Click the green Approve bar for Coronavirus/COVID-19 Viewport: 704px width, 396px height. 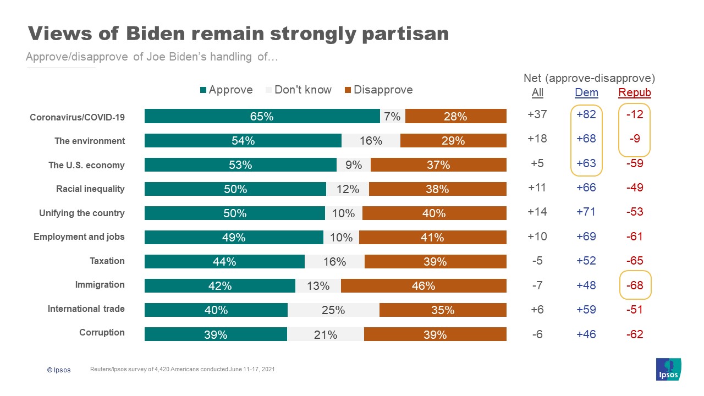coord(262,117)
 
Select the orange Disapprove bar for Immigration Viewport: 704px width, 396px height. coord(424,285)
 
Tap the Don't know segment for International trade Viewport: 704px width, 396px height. coord(333,310)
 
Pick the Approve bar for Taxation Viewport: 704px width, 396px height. coord(224,262)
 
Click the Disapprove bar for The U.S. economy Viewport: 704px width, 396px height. coord(438,165)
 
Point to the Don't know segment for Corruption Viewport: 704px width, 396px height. coord(325,334)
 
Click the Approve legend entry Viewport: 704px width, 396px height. coord(226,90)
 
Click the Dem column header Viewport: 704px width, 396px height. coord(586,92)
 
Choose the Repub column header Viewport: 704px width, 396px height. coord(634,92)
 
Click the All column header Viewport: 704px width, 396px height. coord(537,92)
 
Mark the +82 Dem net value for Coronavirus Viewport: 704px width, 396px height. coord(586,117)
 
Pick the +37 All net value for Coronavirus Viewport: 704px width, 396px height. coord(537,117)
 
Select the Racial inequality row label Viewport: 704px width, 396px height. coord(90,189)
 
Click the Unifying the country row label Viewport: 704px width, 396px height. coord(82,213)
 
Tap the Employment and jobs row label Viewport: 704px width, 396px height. coord(79,237)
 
